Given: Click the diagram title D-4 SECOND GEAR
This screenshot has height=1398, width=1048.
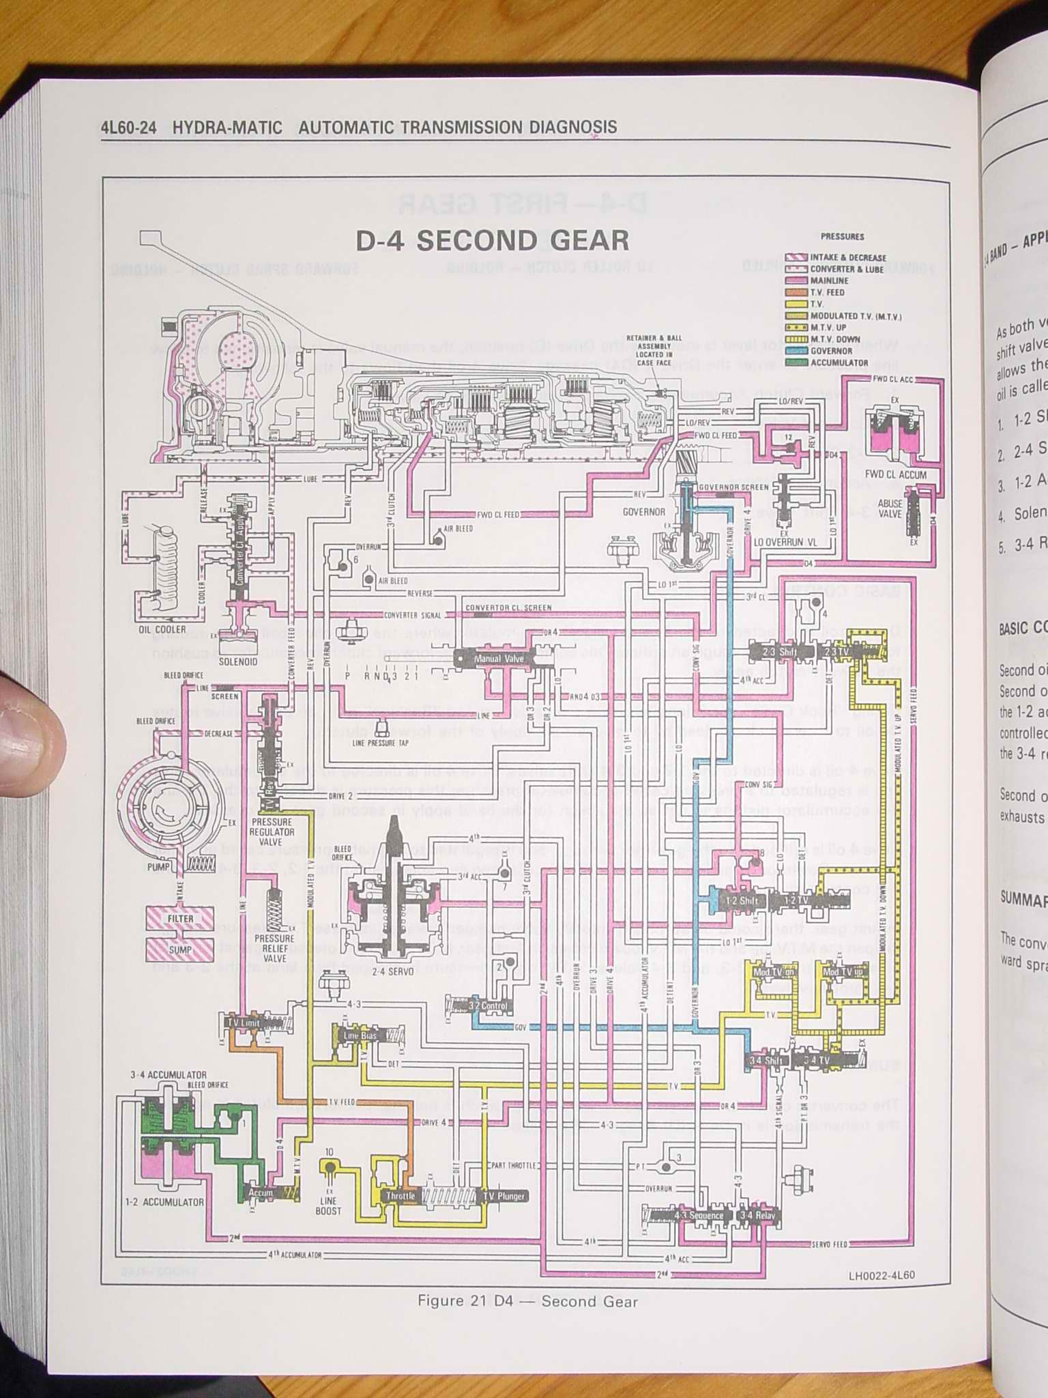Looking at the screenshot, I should (492, 241).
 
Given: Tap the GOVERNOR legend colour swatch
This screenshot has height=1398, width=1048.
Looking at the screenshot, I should (796, 351).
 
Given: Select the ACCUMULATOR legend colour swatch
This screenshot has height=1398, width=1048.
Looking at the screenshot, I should (796, 362).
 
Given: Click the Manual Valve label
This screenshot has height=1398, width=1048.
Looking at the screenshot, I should (499, 659).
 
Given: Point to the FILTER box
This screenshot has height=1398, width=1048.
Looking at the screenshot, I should (180, 918).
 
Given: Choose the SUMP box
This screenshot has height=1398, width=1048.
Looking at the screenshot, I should (180, 950).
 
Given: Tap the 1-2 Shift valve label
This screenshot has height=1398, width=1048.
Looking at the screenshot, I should (740, 900).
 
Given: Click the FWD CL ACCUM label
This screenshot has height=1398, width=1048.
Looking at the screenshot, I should (896, 475).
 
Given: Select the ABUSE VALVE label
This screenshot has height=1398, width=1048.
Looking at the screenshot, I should (890, 509).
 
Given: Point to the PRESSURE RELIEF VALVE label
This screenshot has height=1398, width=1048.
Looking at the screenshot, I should (274, 948).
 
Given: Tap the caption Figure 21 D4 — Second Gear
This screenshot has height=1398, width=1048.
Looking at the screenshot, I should (527, 1301).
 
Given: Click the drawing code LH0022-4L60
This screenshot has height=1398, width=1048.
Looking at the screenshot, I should (882, 1275).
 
